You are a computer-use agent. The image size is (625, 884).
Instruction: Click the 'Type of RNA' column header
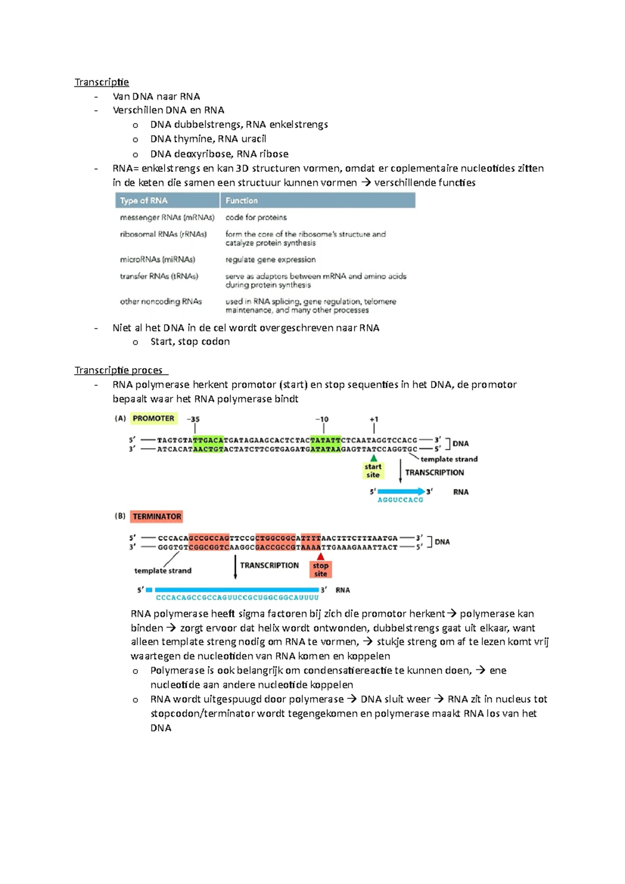tap(144, 200)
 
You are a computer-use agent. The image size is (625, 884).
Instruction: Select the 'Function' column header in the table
tap(241, 200)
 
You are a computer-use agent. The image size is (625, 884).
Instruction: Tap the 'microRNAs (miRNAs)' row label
tap(157, 259)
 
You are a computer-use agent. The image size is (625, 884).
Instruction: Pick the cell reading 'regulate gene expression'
tap(270, 259)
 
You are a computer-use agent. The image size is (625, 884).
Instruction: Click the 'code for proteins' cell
tap(256, 217)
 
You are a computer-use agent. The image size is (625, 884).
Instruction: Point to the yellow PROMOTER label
tap(153, 418)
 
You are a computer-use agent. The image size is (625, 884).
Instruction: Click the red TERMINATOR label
tap(157, 516)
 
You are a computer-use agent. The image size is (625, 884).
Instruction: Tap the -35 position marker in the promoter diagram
tap(193, 419)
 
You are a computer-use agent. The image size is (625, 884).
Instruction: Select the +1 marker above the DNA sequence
tap(374, 419)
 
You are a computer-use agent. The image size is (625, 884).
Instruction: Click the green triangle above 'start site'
tap(373, 458)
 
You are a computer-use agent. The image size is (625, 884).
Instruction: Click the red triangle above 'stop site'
tap(321, 557)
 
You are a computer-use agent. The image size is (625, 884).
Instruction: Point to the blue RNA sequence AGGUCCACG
tap(400, 500)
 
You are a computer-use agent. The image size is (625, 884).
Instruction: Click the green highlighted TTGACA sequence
tap(208, 440)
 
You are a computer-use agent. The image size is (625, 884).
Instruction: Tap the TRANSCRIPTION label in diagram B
tap(269, 565)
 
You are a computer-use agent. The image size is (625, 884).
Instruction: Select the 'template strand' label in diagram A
tap(448, 459)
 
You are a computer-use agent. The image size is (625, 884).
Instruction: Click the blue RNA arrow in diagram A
tap(401, 491)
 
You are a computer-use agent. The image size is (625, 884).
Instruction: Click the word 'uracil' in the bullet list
tap(254, 139)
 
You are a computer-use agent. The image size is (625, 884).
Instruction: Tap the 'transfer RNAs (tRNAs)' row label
tap(159, 276)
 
